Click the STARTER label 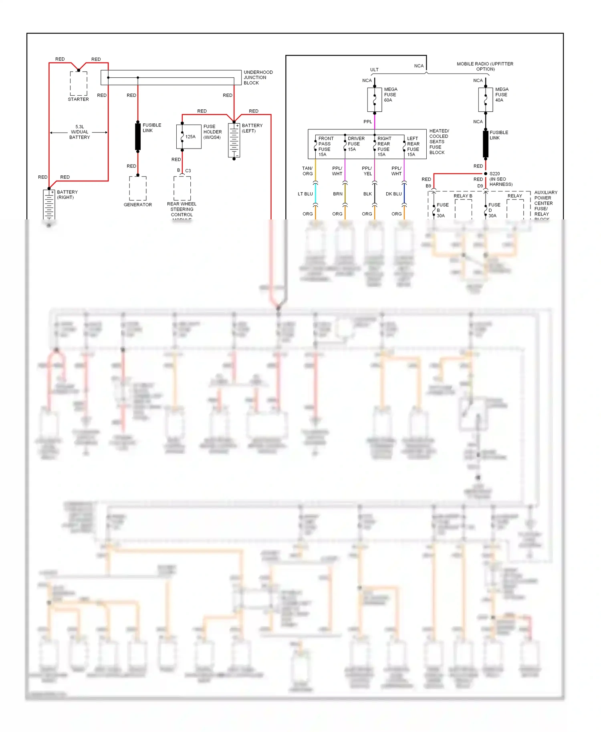click(x=78, y=99)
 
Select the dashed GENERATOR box click(x=138, y=188)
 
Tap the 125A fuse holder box click(x=189, y=137)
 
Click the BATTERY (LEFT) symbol click(x=234, y=141)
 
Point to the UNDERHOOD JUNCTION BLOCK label click(x=258, y=78)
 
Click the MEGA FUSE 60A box click(x=375, y=100)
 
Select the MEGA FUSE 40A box click(x=485, y=100)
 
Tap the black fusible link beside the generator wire click(x=138, y=137)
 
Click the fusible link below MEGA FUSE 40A click(x=486, y=144)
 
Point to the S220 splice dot click(x=486, y=174)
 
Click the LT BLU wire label click(x=305, y=194)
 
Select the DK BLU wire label click(x=393, y=194)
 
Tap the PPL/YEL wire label click(x=367, y=171)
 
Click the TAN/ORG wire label click(x=307, y=171)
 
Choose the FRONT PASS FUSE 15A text click(x=325, y=147)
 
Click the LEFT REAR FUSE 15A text click(x=413, y=147)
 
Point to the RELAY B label click(x=463, y=196)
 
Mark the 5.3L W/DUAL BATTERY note click(x=79, y=132)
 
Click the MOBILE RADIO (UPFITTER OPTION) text click(x=485, y=66)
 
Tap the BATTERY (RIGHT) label click(x=67, y=195)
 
